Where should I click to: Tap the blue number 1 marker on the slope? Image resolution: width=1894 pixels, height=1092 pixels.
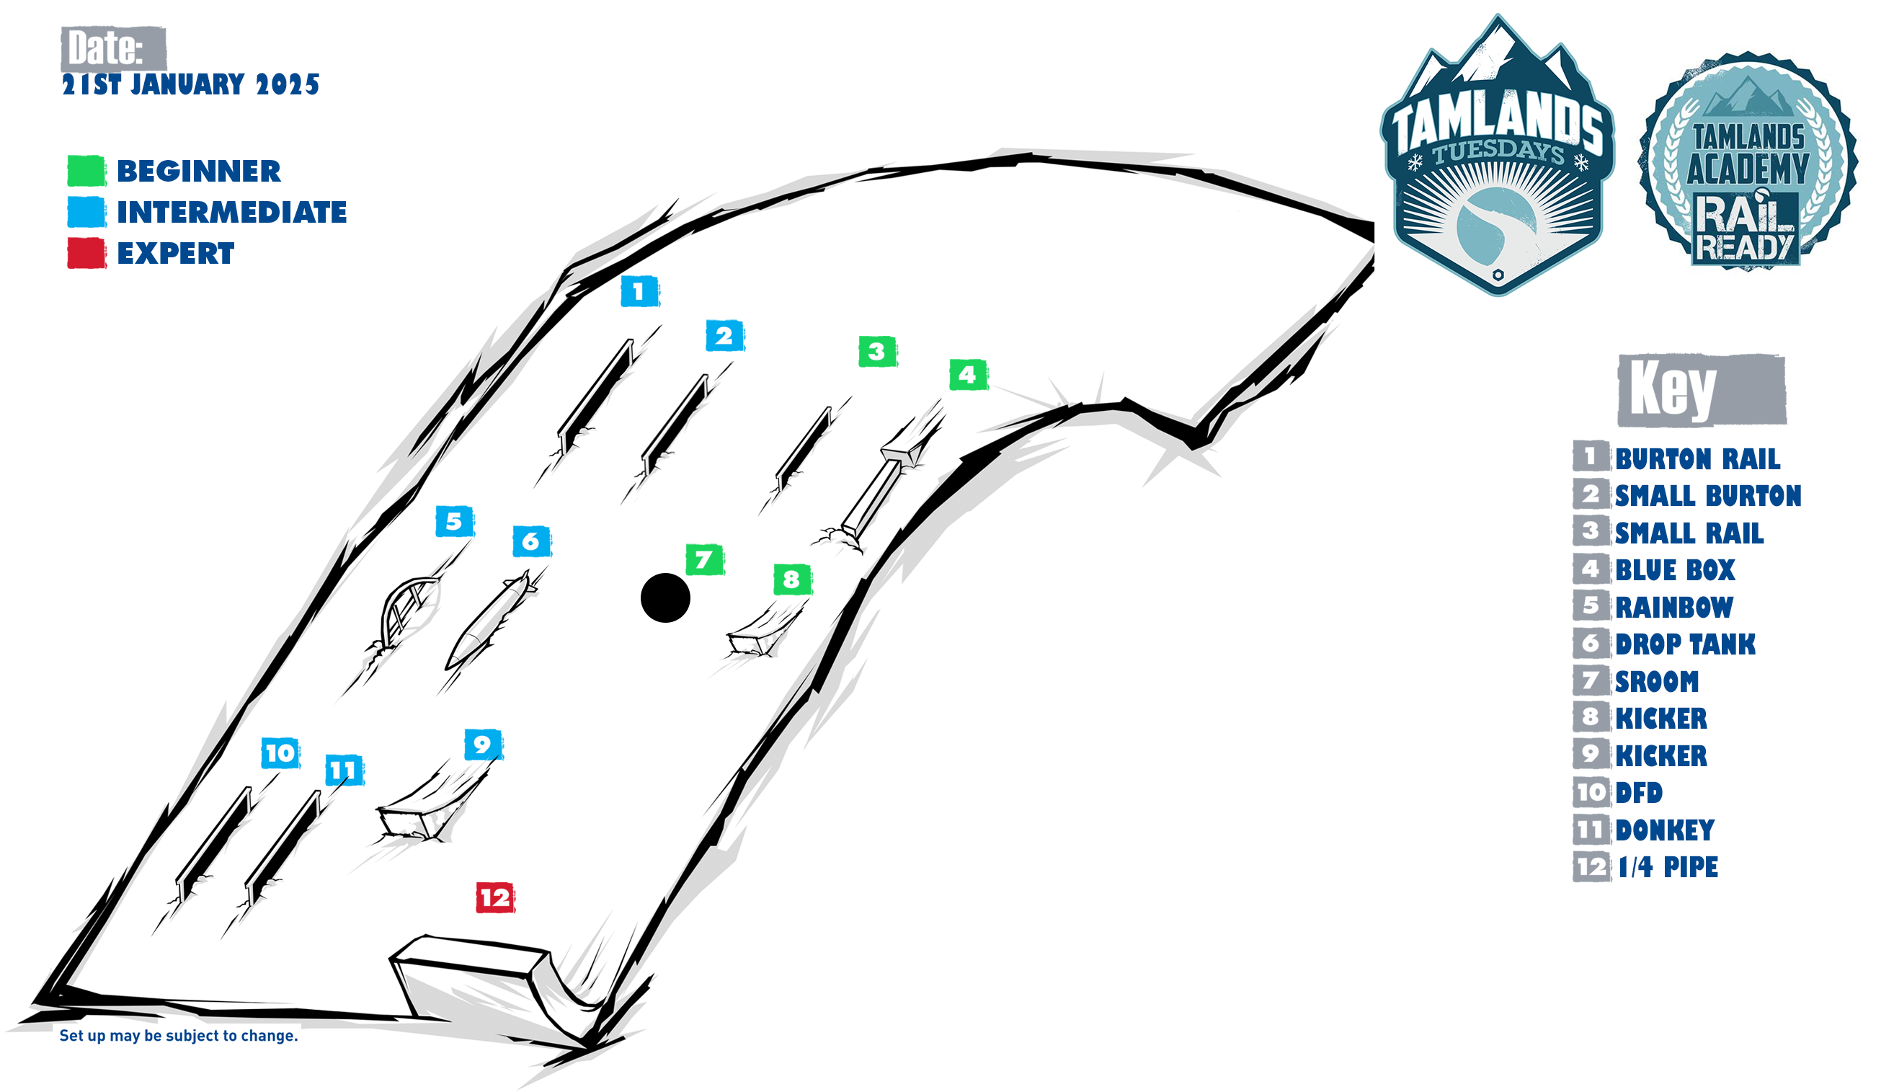[x=639, y=291]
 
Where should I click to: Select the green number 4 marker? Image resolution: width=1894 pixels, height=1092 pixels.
[x=968, y=374]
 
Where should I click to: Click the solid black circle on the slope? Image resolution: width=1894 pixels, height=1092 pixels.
[x=665, y=598]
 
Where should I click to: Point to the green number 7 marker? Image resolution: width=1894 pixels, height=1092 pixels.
[x=704, y=559]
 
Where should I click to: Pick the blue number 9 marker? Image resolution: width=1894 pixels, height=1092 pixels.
[x=483, y=744]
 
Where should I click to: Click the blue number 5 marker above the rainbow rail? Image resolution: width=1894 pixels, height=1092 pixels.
[x=454, y=521]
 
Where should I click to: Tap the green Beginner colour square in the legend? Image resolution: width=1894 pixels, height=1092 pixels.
[x=86, y=170]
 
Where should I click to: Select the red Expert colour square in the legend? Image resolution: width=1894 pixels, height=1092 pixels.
[x=86, y=253]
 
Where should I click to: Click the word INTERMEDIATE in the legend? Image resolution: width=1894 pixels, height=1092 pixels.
[x=231, y=212]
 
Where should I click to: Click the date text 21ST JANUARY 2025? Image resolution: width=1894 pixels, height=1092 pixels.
[x=190, y=84]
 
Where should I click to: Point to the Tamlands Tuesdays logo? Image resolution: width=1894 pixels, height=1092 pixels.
[x=1498, y=154]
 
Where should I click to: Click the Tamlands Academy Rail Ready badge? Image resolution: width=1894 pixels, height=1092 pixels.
[x=1748, y=161]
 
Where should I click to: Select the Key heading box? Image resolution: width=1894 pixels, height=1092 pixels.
[x=1702, y=390]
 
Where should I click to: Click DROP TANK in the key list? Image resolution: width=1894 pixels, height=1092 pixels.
[x=1685, y=644]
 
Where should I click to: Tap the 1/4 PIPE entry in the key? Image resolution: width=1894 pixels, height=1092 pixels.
[x=1668, y=867]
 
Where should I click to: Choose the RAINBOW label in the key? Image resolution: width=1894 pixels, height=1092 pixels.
[x=1673, y=607]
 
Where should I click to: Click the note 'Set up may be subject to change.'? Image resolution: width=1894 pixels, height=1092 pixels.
[x=179, y=1036]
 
